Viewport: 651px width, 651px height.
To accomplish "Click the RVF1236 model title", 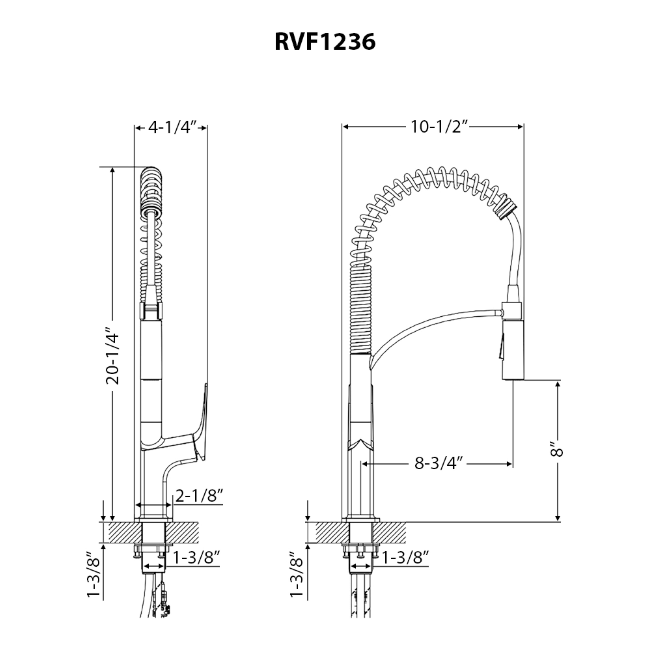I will tap(325, 42).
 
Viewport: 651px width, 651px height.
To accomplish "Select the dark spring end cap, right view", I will tap(508, 210).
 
